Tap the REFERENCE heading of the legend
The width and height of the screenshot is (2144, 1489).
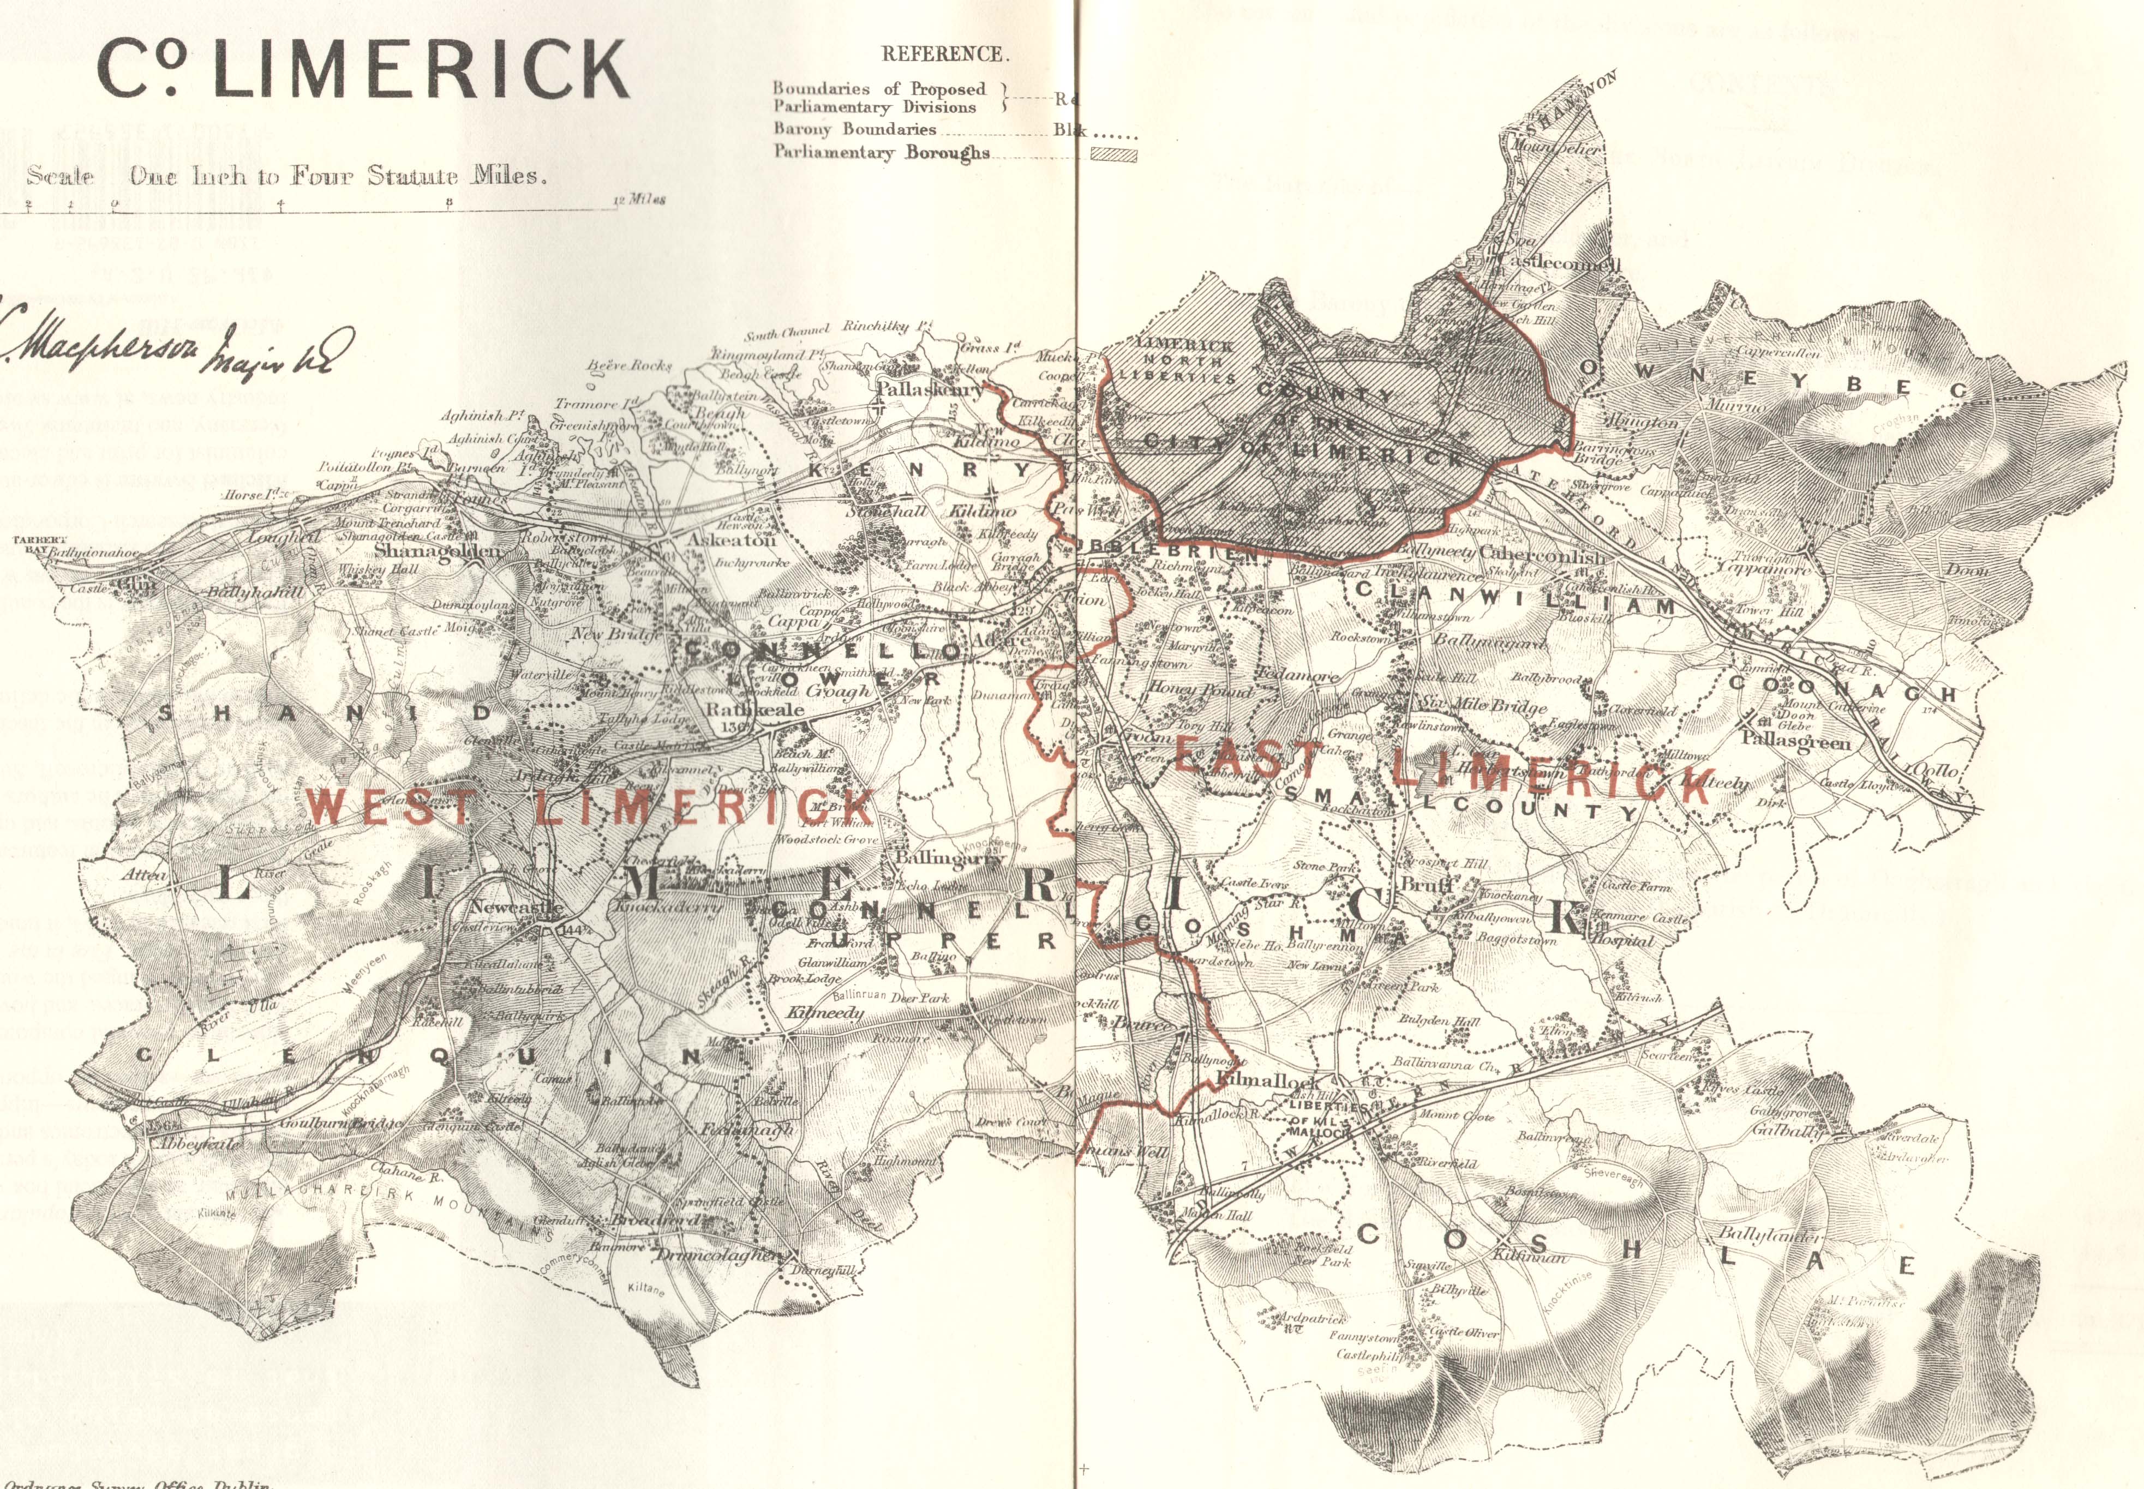point(945,54)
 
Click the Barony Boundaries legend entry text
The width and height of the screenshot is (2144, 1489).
point(854,130)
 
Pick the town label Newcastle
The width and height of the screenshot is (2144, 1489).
point(517,907)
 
